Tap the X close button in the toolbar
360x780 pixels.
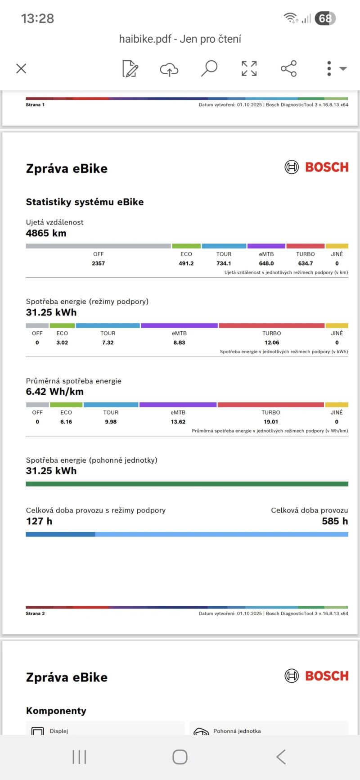pos(21,68)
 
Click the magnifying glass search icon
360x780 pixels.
pos(209,68)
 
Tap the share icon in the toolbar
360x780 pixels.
pos(288,68)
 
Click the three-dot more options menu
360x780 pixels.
pos(329,68)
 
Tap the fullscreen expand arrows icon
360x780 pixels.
pos(249,68)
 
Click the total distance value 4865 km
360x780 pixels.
pos(46,233)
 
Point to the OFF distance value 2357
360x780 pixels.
pos(98,263)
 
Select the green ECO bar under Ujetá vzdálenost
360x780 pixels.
pos(186,246)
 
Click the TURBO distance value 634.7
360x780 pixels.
pos(305,263)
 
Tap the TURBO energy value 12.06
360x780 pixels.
pos(271,343)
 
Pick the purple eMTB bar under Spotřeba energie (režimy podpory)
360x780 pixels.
pos(179,325)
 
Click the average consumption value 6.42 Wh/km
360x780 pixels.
pos(54,392)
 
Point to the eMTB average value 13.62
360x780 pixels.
pos(178,422)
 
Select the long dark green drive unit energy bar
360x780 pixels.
pos(187,484)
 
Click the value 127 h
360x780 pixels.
pos(39,521)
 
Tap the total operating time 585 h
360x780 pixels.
pos(335,521)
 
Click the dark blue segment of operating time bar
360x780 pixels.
pos(60,534)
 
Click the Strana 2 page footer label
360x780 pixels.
pos(35,613)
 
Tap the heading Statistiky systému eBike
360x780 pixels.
pos(85,202)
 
